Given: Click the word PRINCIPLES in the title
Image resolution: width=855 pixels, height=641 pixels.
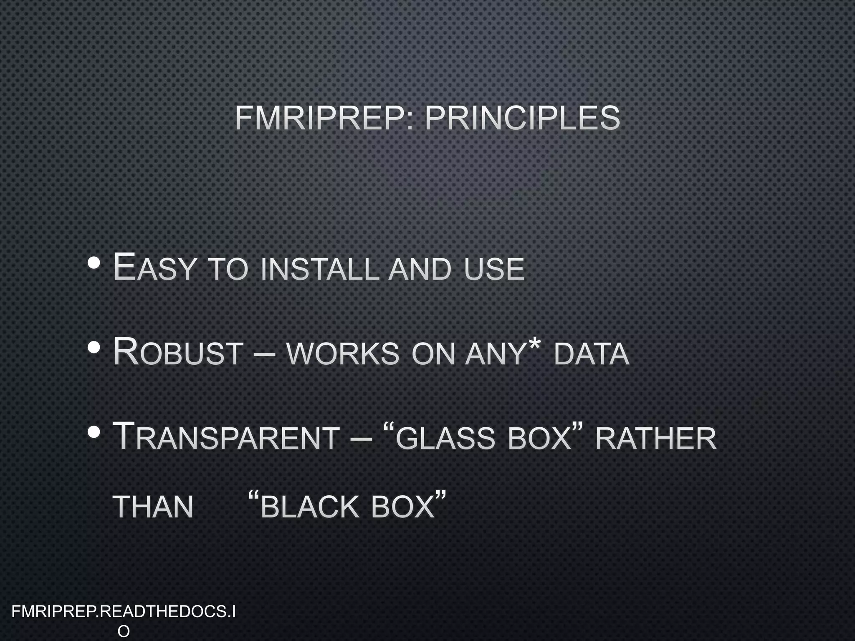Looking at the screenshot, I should coord(522,118).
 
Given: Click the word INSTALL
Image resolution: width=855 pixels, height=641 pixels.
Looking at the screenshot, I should coord(319,269).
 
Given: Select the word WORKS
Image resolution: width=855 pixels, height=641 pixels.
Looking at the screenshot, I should coord(343,354).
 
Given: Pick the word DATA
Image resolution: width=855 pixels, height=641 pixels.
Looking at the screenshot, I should coord(591,354).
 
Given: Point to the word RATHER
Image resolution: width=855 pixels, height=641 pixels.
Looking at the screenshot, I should coord(655,439).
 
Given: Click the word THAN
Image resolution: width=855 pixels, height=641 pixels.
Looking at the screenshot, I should coord(153,507).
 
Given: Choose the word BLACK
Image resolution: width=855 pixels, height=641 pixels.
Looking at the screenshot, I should coord(309,507).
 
